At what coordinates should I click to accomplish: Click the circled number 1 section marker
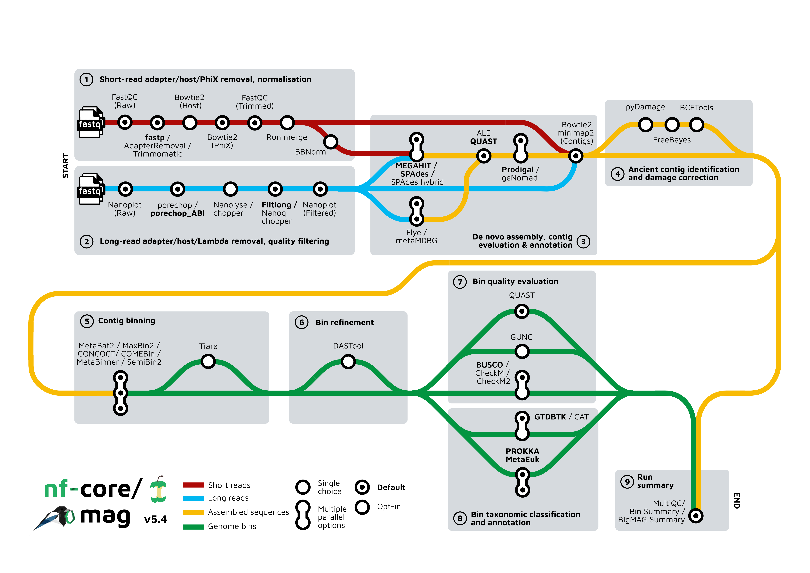[x=86, y=79]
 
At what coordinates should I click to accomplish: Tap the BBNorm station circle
[x=331, y=142]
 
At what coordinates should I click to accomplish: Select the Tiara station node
[x=208, y=361]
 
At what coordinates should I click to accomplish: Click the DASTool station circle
[x=348, y=362]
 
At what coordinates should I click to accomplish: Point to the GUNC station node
[x=522, y=351]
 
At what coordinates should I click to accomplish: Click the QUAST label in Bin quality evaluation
[x=522, y=295]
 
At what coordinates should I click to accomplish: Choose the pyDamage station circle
[x=646, y=125]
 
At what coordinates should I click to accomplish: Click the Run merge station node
[x=287, y=123]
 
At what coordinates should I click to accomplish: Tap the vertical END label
[x=737, y=500]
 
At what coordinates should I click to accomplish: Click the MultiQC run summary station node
[x=696, y=516]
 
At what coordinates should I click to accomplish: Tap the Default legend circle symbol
[x=362, y=487]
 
